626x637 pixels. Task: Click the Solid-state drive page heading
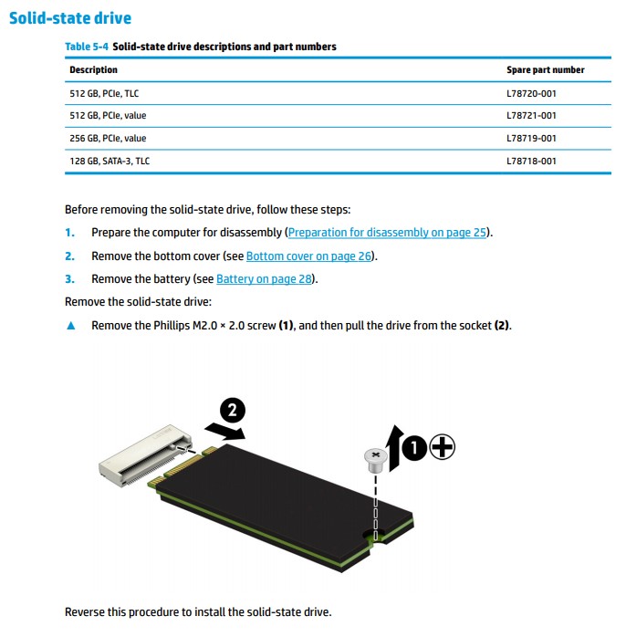click(x=70, y=17)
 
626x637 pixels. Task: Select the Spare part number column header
click(x=545, y=70)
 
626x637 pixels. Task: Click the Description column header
click(x=94, y=70)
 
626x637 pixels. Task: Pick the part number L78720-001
click(x=531, y=93)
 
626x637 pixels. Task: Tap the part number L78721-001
click(x=531, y=116)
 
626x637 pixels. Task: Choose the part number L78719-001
click(x=531, y=139)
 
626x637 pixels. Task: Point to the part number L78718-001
click(x=531, y=162)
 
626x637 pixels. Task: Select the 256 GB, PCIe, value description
click(x=108, y=139)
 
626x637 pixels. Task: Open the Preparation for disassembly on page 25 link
click(x=389, y=233)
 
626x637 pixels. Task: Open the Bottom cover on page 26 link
click(x=309, y=256)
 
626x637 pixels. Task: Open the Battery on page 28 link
click(x=266, y=279)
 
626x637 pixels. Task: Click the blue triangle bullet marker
click(x=71, y=326)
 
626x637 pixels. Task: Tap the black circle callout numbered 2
click(x=230, y=410)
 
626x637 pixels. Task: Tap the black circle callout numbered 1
click(x=415, y=447)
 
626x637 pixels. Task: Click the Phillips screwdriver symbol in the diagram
click(x=442, y=447)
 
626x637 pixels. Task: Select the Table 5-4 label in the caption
click(x=86, y=47)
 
